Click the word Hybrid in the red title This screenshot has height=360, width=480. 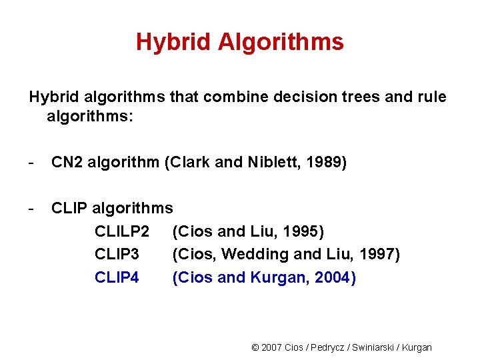tap(167, 43)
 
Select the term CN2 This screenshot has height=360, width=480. tap(66, 163)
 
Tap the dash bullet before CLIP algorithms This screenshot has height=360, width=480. tap(31, 209)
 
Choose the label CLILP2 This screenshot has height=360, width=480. tap(122, 231)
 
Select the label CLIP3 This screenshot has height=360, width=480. tap(117, 254)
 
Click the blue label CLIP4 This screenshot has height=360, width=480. tap(117, 277)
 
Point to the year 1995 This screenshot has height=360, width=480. tap(302, 231)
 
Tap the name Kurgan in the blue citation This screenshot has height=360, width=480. tap(279, 277)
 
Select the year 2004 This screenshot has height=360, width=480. tap(334, 277)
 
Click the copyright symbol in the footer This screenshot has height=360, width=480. tap(255, 347)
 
